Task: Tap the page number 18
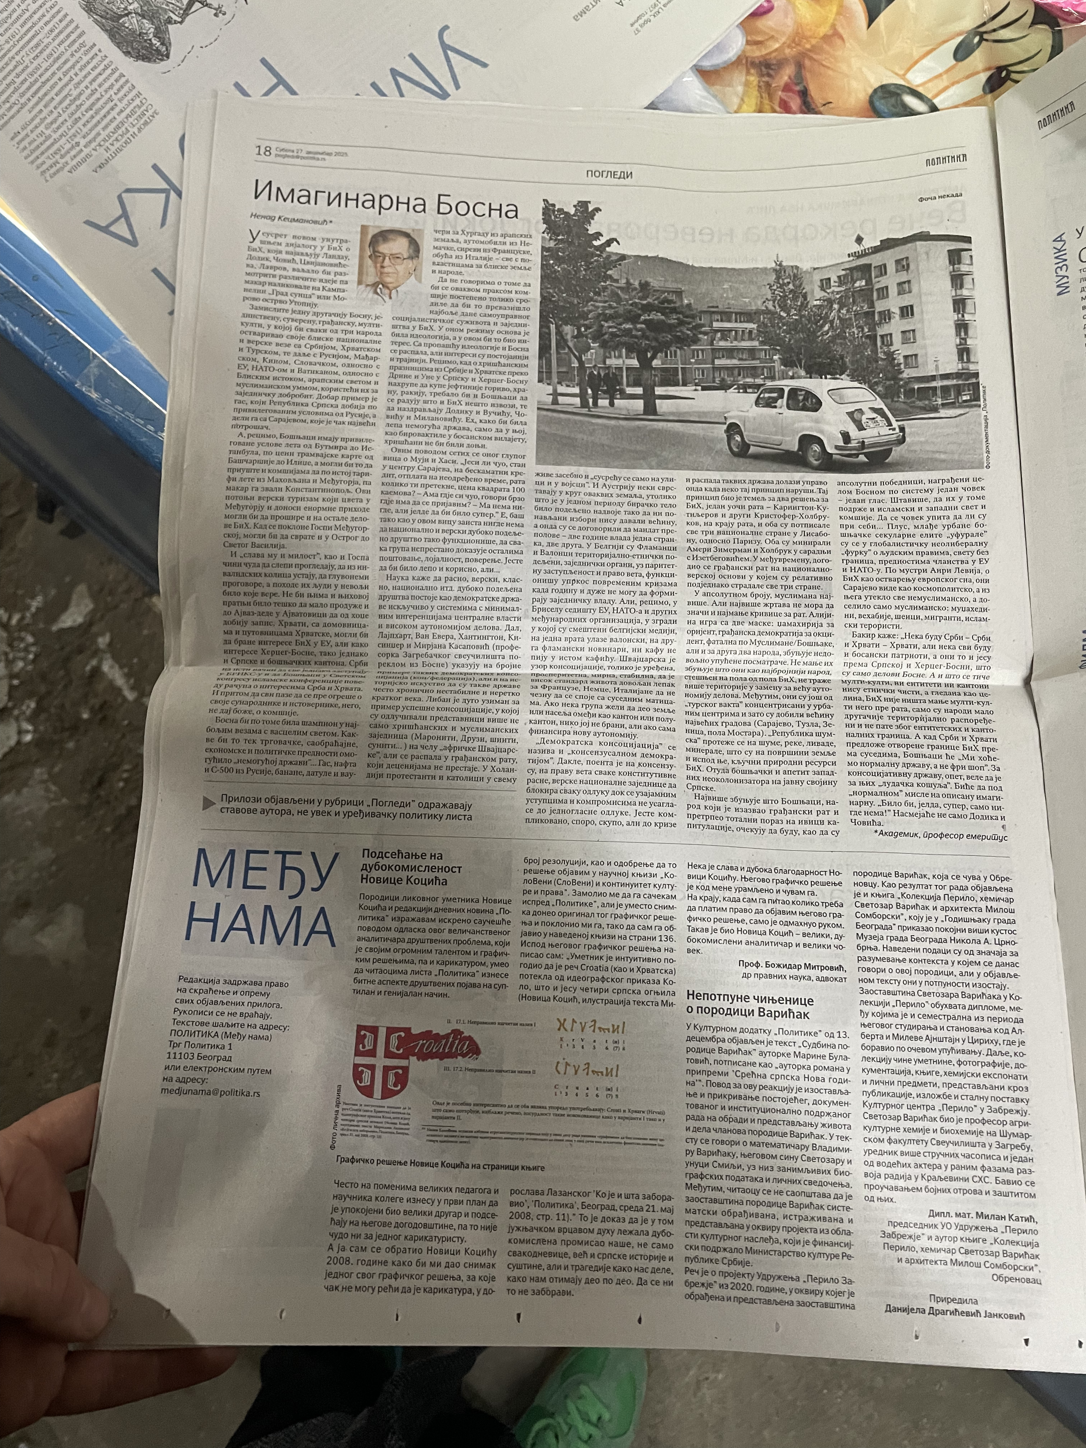(x=263, y=151)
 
